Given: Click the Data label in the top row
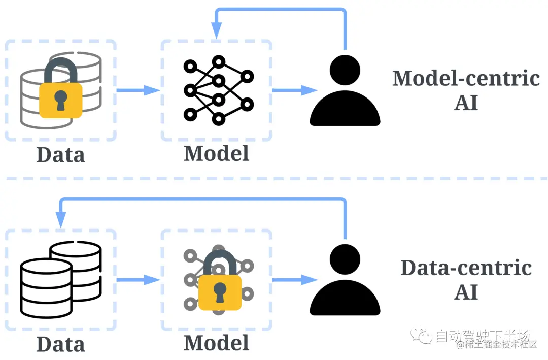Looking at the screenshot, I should pyautogui.click(x=60, y=154).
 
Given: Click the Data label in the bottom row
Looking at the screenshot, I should pyautogui.click(x=60, y=344).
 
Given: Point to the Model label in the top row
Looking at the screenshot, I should pyautogui.click(x=217, y=153).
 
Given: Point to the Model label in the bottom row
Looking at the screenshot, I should pyautogui.click(x=217, y=343).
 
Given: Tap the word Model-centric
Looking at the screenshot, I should pyautogui.click(x=466, y=78).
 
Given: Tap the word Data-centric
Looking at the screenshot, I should pyautogui.click(x=466, y=268).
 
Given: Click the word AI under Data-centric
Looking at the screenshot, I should pyautogui.click(x=466, y=292).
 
